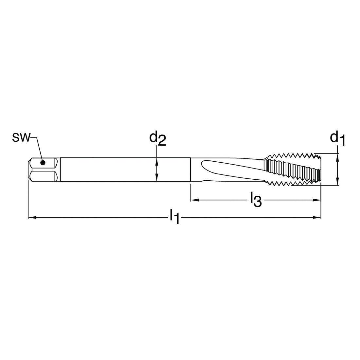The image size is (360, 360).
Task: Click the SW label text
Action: point(21,138)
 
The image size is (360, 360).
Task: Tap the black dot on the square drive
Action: point(43,163)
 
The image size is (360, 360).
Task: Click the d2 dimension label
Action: point(157,139)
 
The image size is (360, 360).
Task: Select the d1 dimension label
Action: point(337,139)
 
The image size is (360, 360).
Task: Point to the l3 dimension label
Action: point(256,200)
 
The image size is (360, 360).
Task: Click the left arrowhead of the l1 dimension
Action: point(32,217)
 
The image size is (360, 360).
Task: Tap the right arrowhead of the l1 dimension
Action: point(317,217)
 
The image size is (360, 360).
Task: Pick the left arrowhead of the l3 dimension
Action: point(195,200)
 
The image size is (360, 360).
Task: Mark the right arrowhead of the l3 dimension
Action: point(317,200)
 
